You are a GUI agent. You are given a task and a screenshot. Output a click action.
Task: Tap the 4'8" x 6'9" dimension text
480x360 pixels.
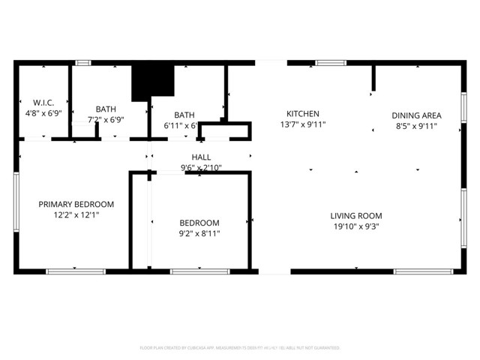click(x=43, y=114)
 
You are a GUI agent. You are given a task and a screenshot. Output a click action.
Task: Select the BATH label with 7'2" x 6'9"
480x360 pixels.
click(x=106, y=109)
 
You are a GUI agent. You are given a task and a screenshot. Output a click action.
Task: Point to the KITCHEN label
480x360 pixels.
click(x=303, y=114)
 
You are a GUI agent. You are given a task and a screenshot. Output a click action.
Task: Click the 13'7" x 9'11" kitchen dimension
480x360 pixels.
click(x=303, y=124)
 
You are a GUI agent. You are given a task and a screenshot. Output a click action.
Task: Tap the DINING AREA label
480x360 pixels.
click(x=416, y=115)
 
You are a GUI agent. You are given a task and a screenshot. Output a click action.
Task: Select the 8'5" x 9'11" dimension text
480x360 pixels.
click(x=416, y=127)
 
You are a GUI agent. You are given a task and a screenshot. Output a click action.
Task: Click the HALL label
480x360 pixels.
click(x=200, y=157)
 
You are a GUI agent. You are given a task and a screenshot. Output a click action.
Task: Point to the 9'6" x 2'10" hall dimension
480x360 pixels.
click(x=200, y=168)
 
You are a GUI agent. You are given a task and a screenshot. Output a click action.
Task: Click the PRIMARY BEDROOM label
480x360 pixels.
click(x=76, y=204)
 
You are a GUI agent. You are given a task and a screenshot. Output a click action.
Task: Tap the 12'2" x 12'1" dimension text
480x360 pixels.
click(x=76, y=214)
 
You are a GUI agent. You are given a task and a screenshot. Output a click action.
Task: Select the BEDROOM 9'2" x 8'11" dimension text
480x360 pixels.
click(x=199, y=233)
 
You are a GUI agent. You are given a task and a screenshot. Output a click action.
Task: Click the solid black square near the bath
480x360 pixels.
click(x=152, y=81)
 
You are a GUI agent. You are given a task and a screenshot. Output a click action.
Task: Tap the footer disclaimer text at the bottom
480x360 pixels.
click(x=240, y=348)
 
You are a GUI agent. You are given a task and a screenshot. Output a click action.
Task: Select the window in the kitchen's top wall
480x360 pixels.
click(x=329, y=63)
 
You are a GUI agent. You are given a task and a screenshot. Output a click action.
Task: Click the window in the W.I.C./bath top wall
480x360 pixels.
click(x=83, y=63)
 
